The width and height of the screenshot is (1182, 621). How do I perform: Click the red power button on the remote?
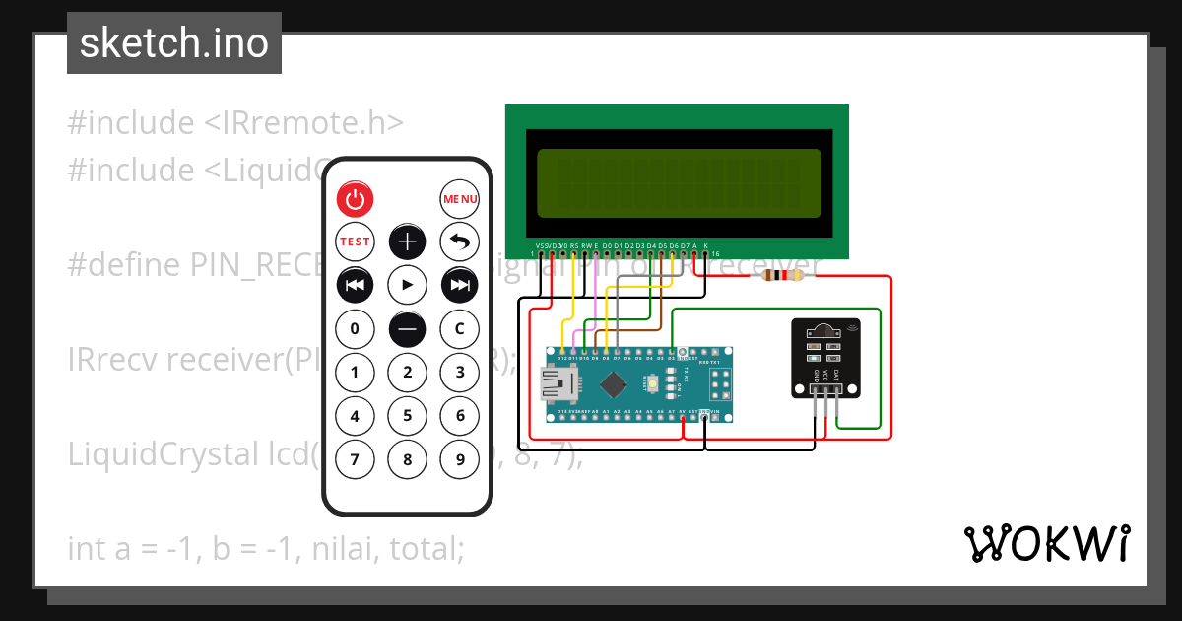(356, 199)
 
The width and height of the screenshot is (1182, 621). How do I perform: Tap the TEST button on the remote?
(356, 241)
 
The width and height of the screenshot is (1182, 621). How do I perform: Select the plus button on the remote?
(407, 241)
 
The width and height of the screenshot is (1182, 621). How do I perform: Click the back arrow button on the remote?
(459, 241)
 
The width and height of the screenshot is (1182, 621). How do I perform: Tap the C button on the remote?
(459, 328)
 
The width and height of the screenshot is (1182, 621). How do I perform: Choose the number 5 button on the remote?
(407, 415)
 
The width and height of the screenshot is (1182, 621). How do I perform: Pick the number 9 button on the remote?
(459, 458)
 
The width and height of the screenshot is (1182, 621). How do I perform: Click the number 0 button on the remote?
(356, 328)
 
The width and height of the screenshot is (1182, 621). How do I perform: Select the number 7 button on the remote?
(356, 458)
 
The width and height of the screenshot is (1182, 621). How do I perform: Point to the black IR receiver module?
(825, 358)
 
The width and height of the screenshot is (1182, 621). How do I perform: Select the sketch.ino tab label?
(174, 44)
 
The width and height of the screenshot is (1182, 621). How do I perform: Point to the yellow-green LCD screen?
(679, 183)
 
